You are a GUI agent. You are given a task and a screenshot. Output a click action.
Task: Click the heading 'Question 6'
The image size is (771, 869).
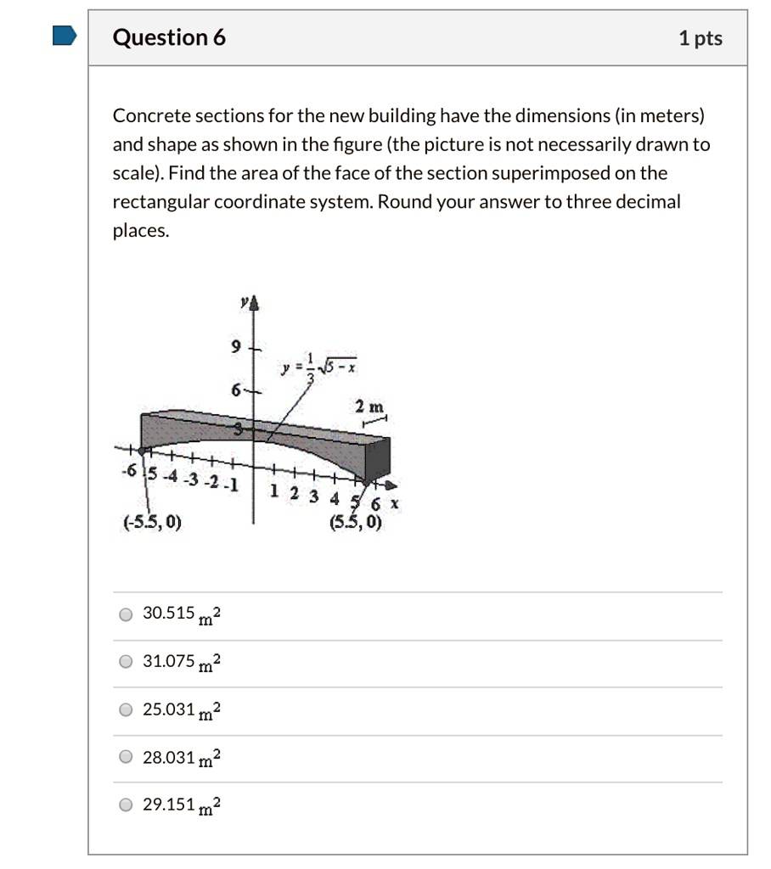coord(169,37)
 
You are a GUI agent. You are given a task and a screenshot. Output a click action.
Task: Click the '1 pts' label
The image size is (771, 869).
coord(700,38)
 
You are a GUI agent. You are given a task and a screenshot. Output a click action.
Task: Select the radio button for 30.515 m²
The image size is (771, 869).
coord(126,614)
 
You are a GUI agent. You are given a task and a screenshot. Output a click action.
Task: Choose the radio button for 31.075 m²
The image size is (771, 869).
coord(126,662)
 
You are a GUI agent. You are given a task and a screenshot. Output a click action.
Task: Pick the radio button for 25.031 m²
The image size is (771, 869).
coord(126,709)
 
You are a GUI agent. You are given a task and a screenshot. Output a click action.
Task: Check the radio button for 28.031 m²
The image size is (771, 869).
coord(126,757)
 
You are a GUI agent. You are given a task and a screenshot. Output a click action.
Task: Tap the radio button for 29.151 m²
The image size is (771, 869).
coord(126,805)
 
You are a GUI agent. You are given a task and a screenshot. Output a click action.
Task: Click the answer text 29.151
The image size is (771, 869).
coord(169,804)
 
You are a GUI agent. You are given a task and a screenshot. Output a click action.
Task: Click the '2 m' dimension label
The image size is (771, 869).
coord(370,405)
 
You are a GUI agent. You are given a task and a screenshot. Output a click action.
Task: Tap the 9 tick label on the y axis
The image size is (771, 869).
coord(238,347)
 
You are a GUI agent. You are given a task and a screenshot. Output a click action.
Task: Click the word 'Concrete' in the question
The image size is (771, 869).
coord(146,115)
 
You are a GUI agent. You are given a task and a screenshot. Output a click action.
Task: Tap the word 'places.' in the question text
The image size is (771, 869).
coord(141,231)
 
